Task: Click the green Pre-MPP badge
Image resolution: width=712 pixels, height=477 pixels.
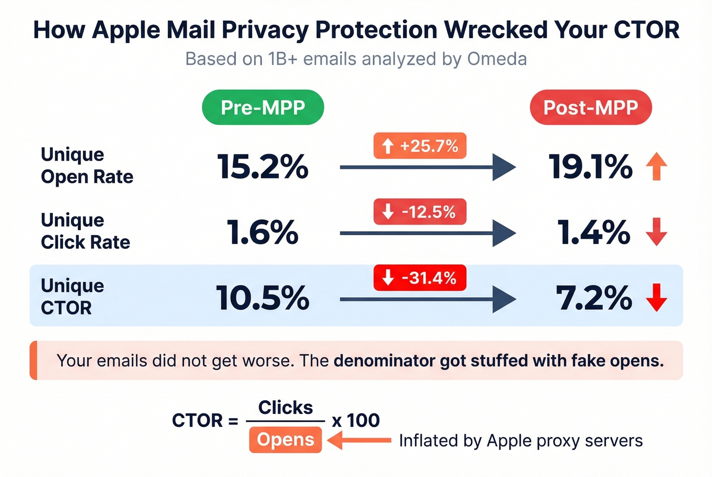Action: (x=263, y=107)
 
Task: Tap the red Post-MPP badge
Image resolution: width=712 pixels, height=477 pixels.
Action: (x=590, y=107)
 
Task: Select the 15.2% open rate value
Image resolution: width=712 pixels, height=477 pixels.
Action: (x=263, y=167)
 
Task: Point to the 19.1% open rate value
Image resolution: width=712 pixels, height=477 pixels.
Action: (x=590, y=167)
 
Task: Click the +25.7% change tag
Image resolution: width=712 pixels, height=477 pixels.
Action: (x=420, y=146)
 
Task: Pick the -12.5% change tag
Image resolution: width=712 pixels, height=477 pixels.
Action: (x=420, y=212)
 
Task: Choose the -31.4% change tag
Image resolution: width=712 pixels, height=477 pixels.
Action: (x=420, y=278)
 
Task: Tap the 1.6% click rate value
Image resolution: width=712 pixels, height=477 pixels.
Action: (x=263, y=233)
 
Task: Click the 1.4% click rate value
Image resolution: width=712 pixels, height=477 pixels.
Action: (x=594, y=233)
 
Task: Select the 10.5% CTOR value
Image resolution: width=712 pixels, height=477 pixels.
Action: (x=263, y=298)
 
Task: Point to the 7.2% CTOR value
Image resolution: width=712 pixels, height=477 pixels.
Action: (x=594, y=298)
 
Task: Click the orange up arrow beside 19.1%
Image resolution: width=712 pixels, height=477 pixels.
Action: (x=657, y=167)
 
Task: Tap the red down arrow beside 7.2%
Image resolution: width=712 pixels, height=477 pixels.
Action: (x=657, y=298)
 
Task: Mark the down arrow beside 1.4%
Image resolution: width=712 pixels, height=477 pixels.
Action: (x=657, y=232)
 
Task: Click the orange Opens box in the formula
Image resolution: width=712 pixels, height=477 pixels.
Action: (x=285, y=440)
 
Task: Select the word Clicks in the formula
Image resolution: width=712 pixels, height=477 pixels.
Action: (x=285, y=407)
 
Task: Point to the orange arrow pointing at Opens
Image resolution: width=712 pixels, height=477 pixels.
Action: (x=359, y=440)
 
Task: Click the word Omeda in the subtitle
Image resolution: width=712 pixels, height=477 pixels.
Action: (x=497, y=59)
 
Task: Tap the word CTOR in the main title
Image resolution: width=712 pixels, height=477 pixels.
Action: (x=646, y=30)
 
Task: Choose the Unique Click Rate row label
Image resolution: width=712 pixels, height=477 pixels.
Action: (x=85, y=231)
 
